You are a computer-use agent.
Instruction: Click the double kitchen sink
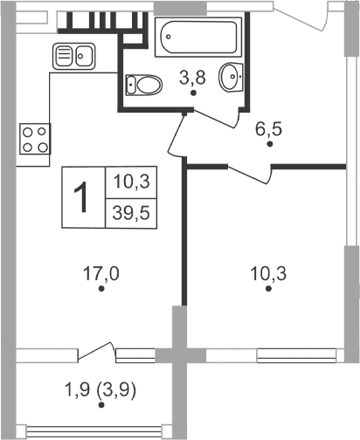click(74, 57)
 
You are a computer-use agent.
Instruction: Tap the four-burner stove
click(34, 139)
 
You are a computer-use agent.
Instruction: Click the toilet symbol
click(144, 86)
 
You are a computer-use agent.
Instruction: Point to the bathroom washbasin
click(231, 78)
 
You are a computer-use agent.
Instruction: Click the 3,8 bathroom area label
click(192, 77)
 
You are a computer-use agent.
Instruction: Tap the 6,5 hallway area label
click(270, 129)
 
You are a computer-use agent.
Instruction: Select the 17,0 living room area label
click(101, 272)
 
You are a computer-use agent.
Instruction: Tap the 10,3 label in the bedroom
click(268, 272)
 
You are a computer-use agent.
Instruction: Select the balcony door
click(96, 351)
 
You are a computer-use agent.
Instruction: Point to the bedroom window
click(271, 354)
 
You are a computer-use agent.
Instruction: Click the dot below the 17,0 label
click(101, 289)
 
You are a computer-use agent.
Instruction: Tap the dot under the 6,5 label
click(270, 146)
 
